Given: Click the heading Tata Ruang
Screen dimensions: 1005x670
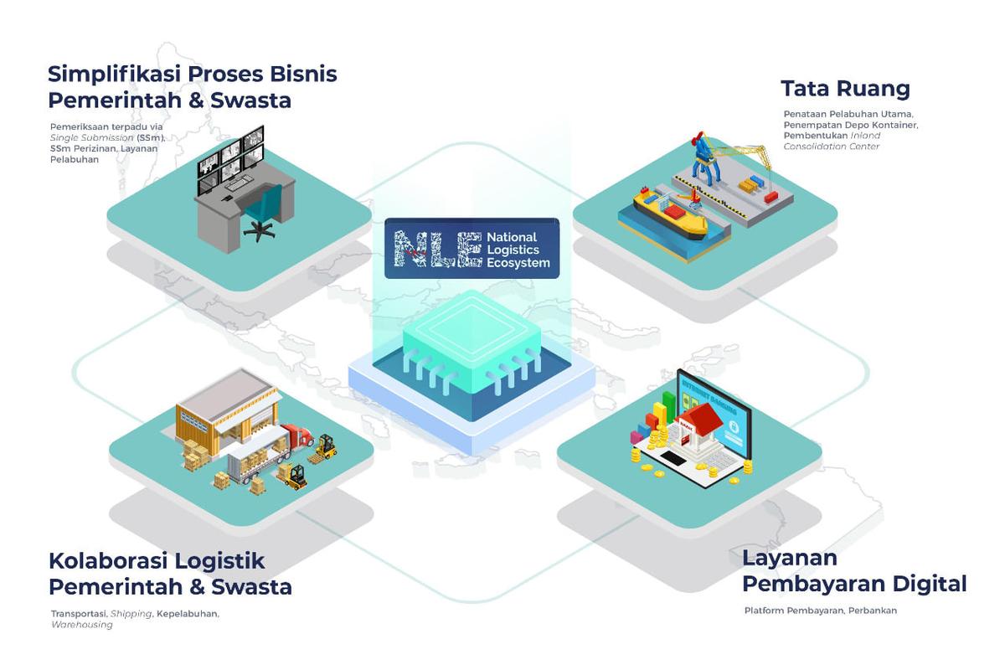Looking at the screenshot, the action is point(845,89).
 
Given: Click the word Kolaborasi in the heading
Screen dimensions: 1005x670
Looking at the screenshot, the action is point(107,560).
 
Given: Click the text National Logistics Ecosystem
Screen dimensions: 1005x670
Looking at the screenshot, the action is point(518,250).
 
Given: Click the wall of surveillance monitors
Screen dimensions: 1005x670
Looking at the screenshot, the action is point(230,159).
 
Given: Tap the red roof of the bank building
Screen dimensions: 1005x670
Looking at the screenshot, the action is point(700,416).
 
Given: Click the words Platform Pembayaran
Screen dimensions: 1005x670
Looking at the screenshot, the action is point(794,611).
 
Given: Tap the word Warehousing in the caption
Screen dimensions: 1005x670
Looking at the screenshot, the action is point(82,625).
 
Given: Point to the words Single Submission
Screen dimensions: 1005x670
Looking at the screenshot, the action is point(91,138).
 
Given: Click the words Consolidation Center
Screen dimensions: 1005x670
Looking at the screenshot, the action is point(832,147).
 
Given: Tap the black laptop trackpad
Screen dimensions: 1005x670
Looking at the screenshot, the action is point(674,458).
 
